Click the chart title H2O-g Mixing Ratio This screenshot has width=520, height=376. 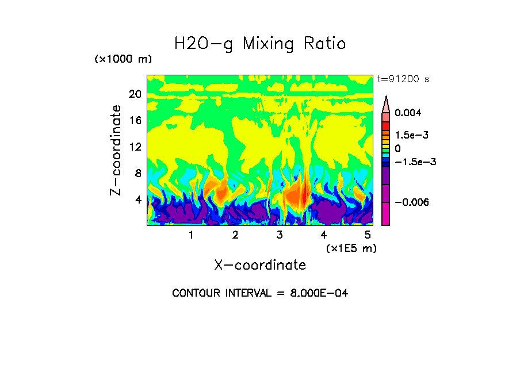click(260, 44)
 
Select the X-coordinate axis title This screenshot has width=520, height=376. click(260, 265)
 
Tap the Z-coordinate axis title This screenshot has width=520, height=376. click(116, 150)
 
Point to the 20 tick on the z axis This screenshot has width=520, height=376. click(135, 94)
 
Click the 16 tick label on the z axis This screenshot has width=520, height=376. click(135, 121)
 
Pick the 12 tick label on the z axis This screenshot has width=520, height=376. click(135, 147)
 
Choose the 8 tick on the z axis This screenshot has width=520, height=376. click(137, 174)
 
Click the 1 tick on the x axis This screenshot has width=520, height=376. click(191, 235)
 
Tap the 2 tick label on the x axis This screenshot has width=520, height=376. click(235, 235)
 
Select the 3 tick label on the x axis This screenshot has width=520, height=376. click(280, 235)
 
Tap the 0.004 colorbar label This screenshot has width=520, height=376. click(408, 113)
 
